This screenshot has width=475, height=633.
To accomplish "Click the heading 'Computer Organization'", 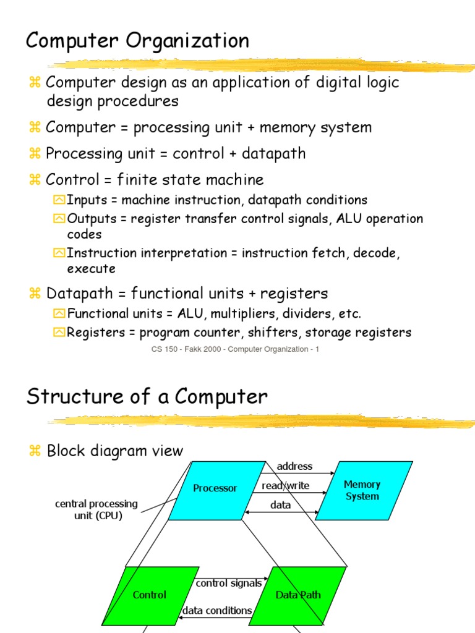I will pyautogui.click(x=137, y=41).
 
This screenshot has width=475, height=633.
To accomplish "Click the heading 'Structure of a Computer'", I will pyautogui.click(x=147, y=396).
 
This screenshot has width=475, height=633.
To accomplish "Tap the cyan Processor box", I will pyautogui.click(x=215, y=488).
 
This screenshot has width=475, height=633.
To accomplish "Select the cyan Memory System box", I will pyautogui.click(x=362, y=490).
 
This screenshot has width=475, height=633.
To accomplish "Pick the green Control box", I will pyautogui.click(x=150, y=595).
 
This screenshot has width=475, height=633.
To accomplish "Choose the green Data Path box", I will pyautogui.click(x=298, y=595).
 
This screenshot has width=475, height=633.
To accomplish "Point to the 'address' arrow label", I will pyautogui.click(x=294, y=466).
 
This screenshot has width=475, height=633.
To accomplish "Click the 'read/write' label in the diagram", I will pyautogui.click(x=286, y=486).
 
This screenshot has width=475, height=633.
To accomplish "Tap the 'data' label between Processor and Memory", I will pyautogui.click(x=280, y=505).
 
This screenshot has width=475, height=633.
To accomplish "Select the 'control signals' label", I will pyautogui.click(x=229, y=583).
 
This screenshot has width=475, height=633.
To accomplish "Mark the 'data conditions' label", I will pyautogui.click(x=217, y=610).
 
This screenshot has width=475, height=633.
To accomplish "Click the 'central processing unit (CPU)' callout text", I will pyautogui.click(x=96, y=510).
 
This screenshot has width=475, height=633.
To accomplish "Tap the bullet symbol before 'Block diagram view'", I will pyautogui.click(x=34, y=451).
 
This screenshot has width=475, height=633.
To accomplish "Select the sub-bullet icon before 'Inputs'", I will pyautogui.click(x=59, y=200).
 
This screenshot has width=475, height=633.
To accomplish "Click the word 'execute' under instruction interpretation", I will pyautogui.click(x=91, y=269).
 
